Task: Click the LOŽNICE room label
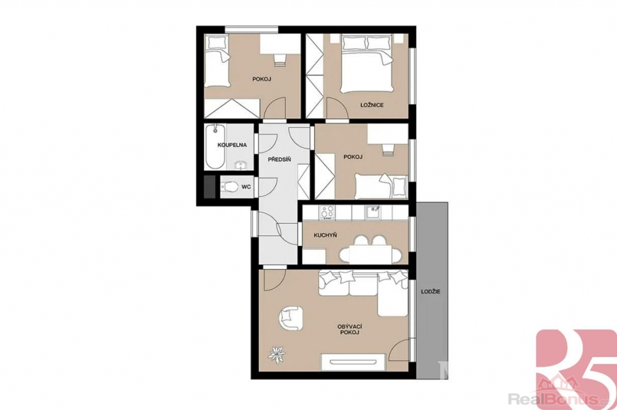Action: pyautogui.click(x=372, y=105)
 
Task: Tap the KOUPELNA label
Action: pyautogui.click(x=232, y=145)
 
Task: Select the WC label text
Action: pyautogui.click(x=246, y=187)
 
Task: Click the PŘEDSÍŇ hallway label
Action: pyautogui.click(x=279, y=159)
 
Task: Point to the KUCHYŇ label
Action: pyautogui.click(x=325, y=236)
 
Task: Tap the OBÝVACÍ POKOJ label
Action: pyautogui.click(x=349, y=329)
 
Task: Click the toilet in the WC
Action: pyautogui.click(x=228, y=187)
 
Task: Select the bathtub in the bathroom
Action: pyautogui.click(x=215, y=147)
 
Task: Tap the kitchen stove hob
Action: pyautogui.click(x=327, y=212)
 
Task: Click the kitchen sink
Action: pyautogui.click(x=372, y=213)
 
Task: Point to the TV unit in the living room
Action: pyautogui.click(x=353, y=362)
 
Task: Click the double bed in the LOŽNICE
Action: pyautogui.click(x=367, y=64)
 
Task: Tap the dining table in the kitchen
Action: pyautogui.click(x=372, y=254)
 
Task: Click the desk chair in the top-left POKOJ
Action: pyautogui.click(x=279, y=60)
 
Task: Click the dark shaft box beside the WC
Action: pyautogui.click(x=210, y=187)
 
